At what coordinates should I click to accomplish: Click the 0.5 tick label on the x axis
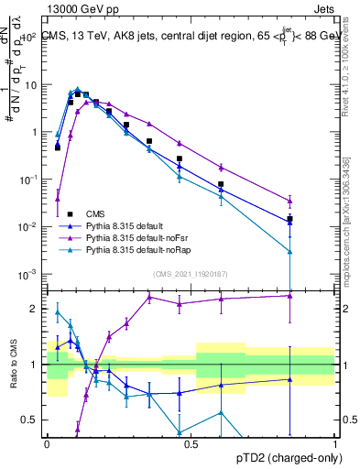191,443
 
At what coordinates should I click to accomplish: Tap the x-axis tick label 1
334,443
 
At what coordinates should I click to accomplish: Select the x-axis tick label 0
47,443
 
